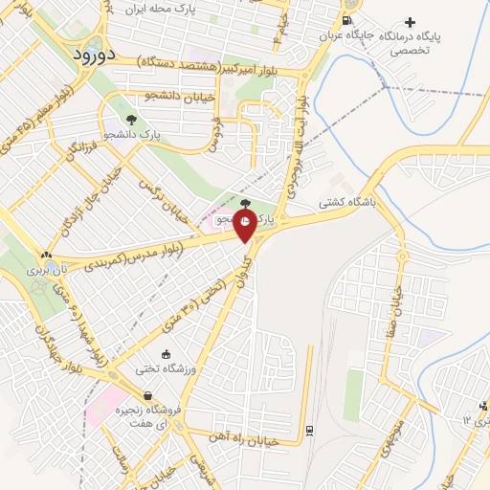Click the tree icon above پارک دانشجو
click(130, 121)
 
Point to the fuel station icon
click(345, 20)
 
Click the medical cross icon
click(411, 21)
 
